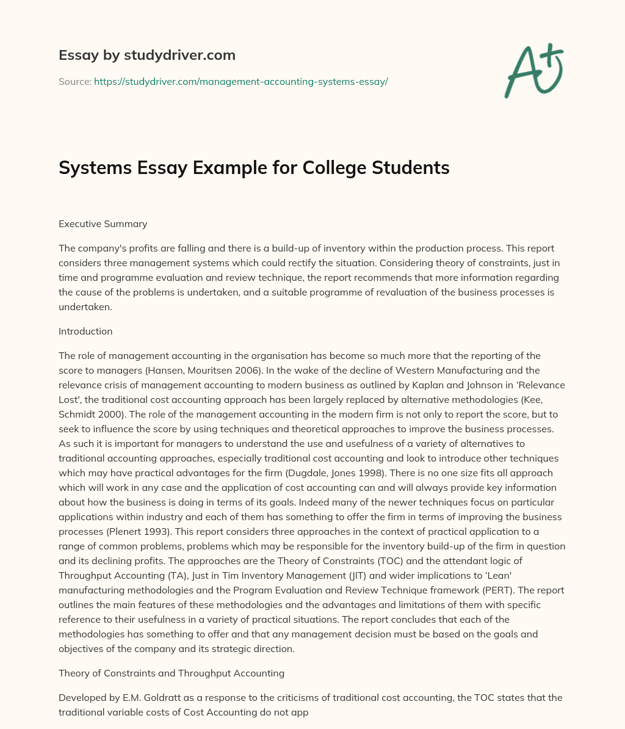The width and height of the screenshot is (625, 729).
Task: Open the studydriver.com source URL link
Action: pyautogui.click(x=241, y=81)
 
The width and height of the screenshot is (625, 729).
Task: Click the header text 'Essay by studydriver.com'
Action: pyautogui.click(x=146, y=55)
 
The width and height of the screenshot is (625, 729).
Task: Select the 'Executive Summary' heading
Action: pyautogui.click(x=103, y=223)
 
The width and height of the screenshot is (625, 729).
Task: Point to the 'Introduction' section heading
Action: pyautogui.click(x=85, y=331)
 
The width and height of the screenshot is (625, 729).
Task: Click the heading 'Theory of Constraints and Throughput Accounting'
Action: pyautogui.click(x=172, y=673)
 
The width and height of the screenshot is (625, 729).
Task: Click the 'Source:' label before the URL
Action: pyautogui.click(x=74, y=81)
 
